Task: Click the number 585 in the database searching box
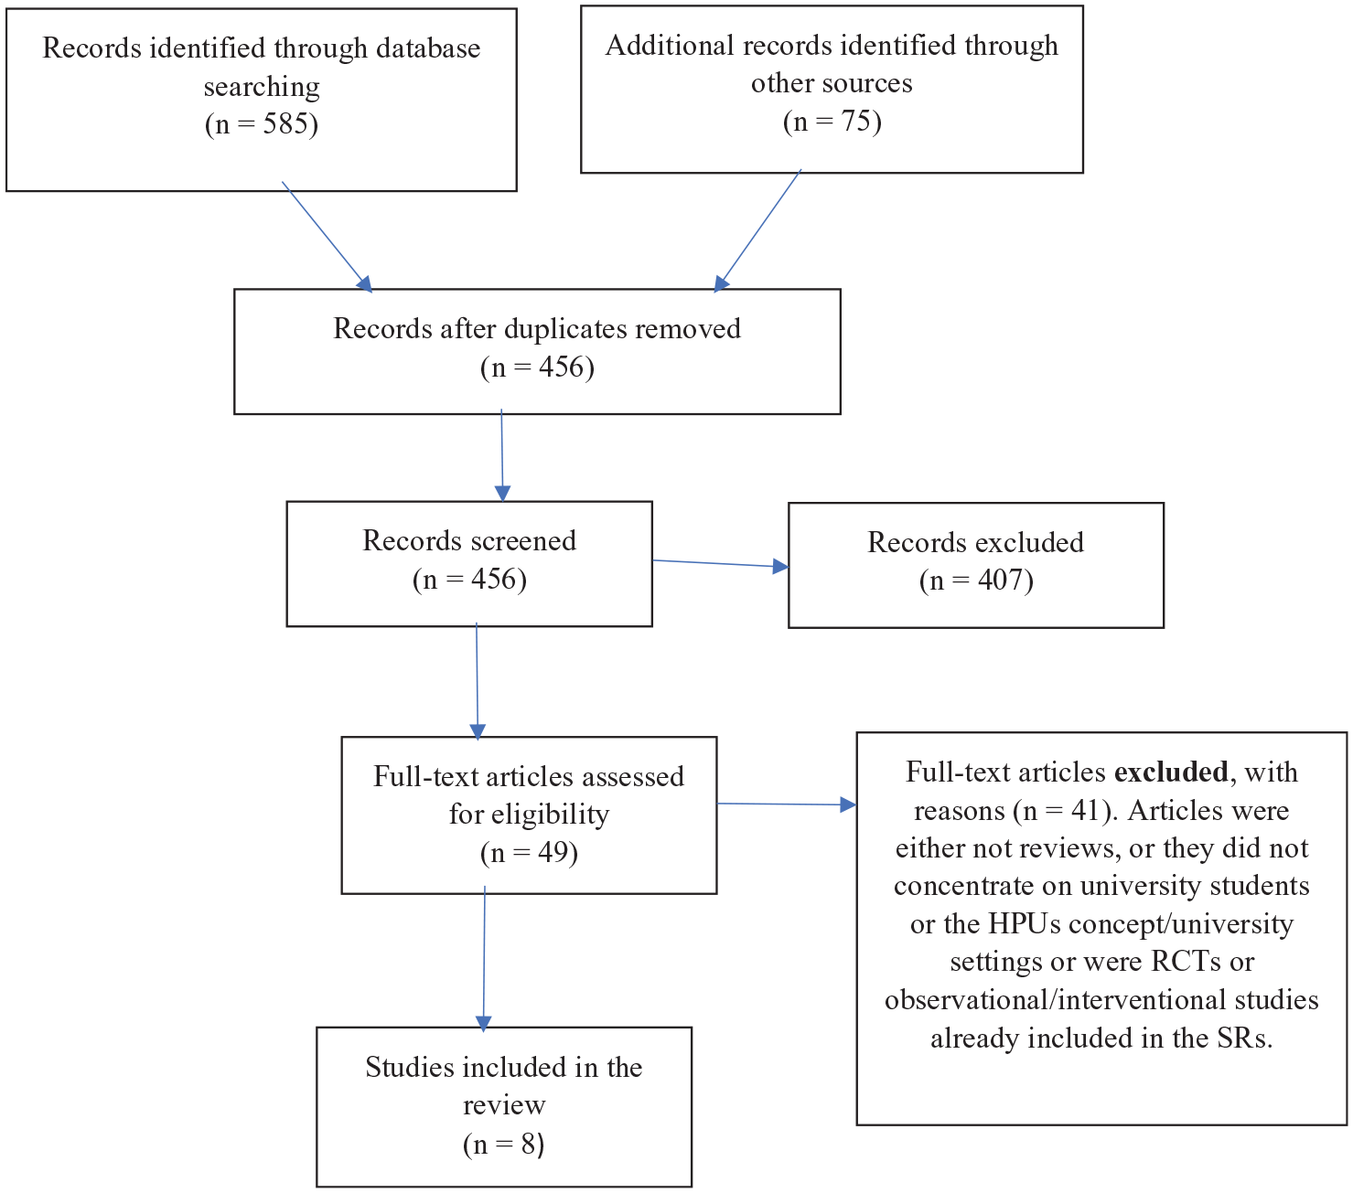pos(285,123)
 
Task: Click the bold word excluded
pos(1171,772)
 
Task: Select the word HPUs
pos(1024,923)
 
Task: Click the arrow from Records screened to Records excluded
pos(720,563)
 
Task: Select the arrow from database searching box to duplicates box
pos(327,237)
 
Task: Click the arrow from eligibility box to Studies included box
pos(484,959)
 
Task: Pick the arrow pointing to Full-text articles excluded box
pos(786,804)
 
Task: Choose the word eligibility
pos(529,815)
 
